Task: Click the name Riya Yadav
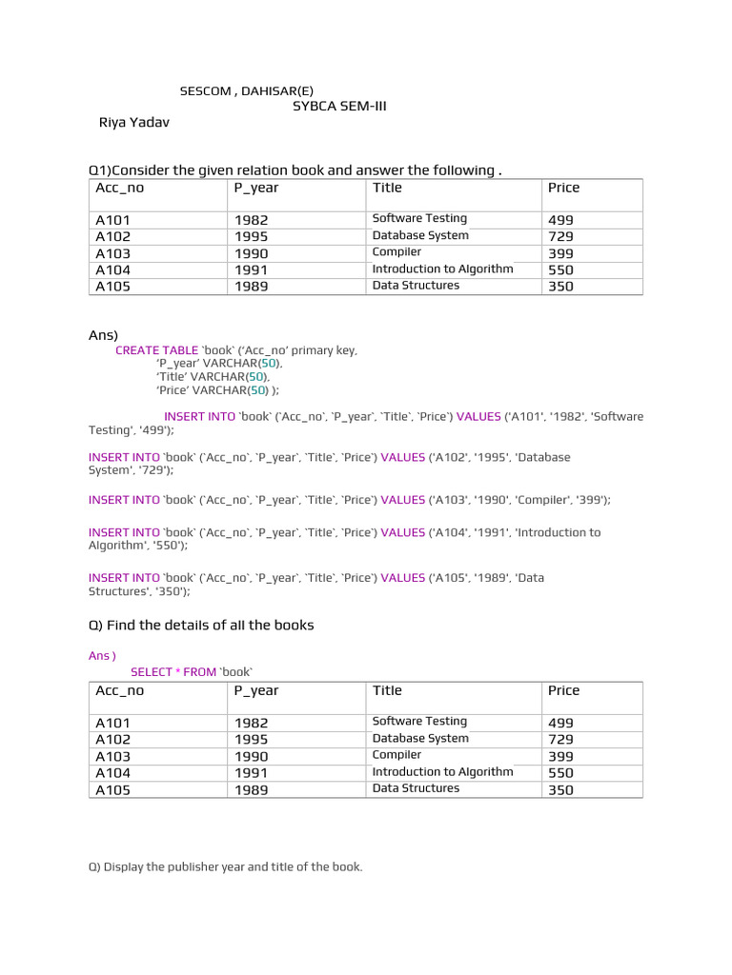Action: click(x=133, y=123)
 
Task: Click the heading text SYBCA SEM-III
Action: click(x=339, y=107)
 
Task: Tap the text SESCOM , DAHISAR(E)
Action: click(x=246, y=91)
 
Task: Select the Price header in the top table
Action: click(x=563, y=188)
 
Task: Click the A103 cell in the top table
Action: click(x=113, y=253)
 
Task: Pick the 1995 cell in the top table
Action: click(x=252, y=236)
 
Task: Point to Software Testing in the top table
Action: click(x=419, y=219)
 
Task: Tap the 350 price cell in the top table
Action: click(x=560, y=287)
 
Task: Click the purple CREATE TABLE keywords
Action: click(x=156, y=350)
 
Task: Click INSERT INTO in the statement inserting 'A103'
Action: click(x=124, y=500)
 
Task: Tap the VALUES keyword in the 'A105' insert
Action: click(x=402, y=578)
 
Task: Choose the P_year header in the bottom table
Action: click(x=256, y=690)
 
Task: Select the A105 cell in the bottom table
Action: click(x=113, y=789)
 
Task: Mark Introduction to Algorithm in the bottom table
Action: click(x=442, y=772)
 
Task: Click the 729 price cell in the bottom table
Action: click(x=560, y=739)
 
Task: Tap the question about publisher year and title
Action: click(x=226, y=867)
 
